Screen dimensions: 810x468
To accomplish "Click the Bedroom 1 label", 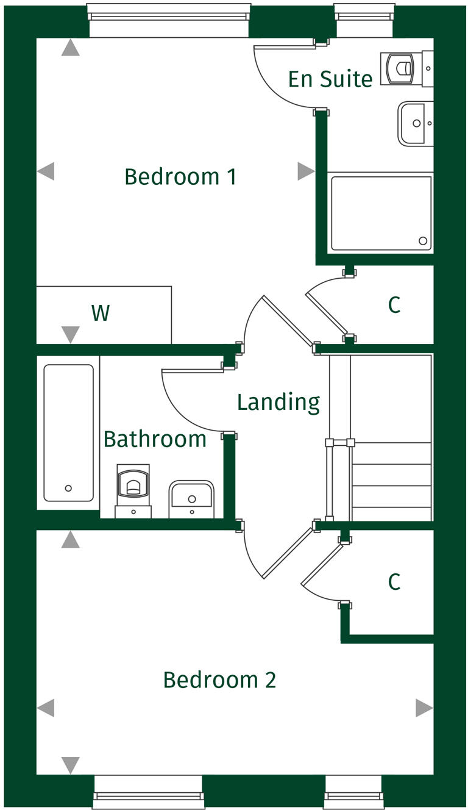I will coord(180,177).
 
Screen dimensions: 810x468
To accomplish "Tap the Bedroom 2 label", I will coord(219,679).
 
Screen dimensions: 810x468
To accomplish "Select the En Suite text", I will coord(330,79).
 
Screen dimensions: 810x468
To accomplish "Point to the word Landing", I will coord(278,403).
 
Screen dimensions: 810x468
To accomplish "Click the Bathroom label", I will coord(155,439).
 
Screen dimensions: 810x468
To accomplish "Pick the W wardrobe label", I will coord(101,313).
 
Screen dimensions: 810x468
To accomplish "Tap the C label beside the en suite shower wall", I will coord(394,305).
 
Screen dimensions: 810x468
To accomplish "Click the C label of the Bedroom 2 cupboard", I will coord(394,582).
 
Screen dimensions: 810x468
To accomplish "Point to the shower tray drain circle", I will coord(423,241).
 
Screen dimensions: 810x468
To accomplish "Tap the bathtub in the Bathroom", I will coord(68,432).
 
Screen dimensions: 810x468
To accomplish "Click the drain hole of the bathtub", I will coord(68,488).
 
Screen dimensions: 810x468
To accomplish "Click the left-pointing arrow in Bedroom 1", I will coord(46,171).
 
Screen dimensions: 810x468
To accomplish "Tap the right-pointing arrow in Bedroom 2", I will coord(424,708).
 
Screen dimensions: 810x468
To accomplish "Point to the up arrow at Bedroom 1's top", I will coord(71,48).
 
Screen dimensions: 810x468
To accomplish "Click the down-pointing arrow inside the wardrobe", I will coord(71,334).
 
